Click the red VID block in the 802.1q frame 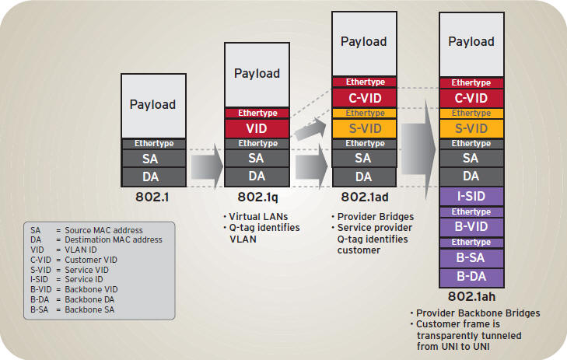point(257,128)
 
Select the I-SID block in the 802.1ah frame point(471,196)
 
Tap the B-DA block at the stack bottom point(471,277)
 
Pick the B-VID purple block point(471,226)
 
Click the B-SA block point(471,257)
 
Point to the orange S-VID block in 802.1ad point(365,128)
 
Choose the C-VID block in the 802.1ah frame point(471,98)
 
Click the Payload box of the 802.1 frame point(154,106)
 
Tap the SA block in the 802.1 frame point(154,159)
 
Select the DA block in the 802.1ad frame point(364,177)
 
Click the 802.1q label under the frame point(257,197)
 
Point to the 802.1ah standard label point(471,297)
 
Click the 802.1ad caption point(365,197)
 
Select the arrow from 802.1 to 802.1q point(207,166)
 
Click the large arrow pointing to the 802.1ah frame point(418,149)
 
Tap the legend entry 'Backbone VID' point(91,289)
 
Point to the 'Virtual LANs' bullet point(256,217)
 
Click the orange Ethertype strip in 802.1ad point(365,114)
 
